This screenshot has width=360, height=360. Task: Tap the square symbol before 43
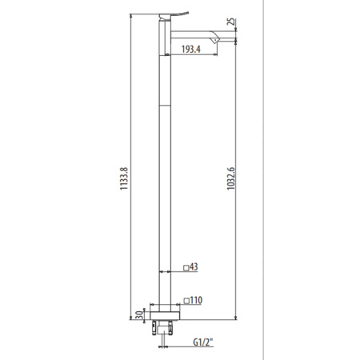(186, 268)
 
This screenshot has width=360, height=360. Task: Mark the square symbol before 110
(186, 301)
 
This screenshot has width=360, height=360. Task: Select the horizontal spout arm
(196, 34)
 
